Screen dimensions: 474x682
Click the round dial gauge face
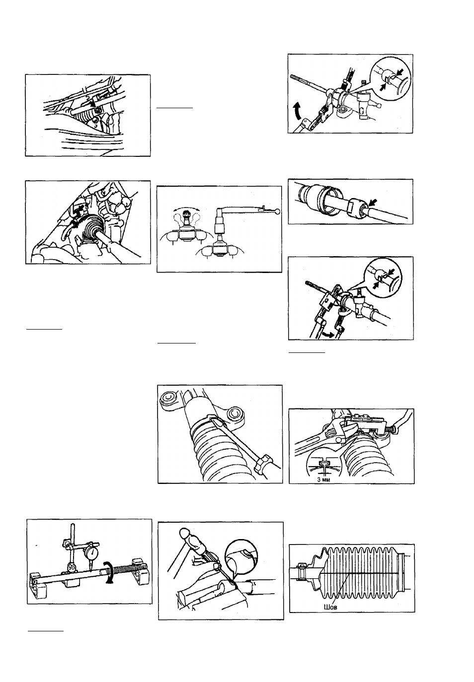tap(91, 555)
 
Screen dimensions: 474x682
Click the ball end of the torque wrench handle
tap(277, 211)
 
